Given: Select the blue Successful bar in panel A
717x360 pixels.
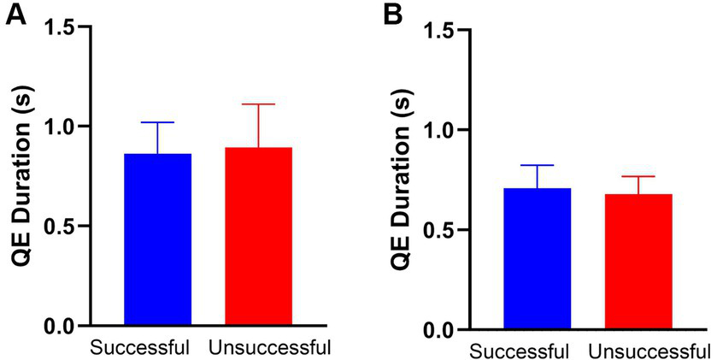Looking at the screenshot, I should point(158,239).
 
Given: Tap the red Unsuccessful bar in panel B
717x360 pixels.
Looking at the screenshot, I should point(638,262).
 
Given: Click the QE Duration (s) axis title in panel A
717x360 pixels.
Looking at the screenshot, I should point(19,175).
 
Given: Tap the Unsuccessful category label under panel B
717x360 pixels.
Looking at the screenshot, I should point(649,351).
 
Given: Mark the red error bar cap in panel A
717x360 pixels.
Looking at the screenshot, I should point(259,104).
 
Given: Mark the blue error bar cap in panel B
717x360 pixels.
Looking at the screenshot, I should point(537,165).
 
